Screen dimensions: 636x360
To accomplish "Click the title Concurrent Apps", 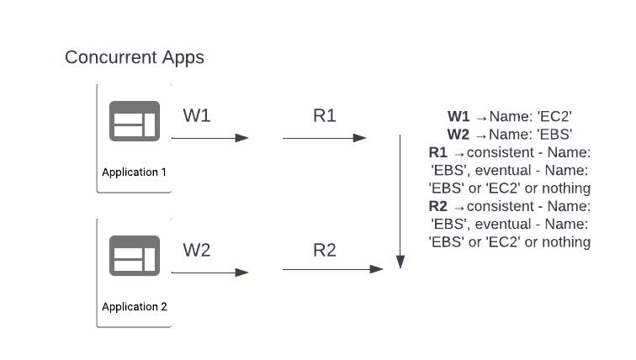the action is point(135,57).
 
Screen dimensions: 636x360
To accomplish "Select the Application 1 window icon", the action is point(135,121).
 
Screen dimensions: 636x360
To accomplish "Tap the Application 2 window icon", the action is point(135,256).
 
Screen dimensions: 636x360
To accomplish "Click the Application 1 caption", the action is point(135,172).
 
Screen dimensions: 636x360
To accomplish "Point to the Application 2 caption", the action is point(135,307).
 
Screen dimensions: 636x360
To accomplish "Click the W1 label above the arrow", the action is point(197,115).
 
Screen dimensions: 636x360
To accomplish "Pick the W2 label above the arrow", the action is point(197,250).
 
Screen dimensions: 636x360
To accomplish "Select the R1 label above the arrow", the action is point(325,115).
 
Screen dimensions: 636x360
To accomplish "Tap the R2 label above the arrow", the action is point(325,250).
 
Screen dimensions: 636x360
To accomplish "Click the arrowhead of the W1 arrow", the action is point(241,138).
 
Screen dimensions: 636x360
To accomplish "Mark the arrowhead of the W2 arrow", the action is point(241,273).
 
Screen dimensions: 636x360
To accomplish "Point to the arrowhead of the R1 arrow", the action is point(360,138).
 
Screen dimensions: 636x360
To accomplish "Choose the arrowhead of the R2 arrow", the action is point(376,269).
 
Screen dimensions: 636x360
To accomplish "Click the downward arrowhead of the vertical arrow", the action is point(400,262).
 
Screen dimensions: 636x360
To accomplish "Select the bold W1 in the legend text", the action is point(458,117).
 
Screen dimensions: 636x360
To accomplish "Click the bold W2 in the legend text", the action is point(458,135).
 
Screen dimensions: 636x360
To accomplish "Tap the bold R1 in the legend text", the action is point(438,152).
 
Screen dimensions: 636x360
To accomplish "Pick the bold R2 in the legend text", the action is point(438,206).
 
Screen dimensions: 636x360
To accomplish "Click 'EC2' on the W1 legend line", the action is point(554,117).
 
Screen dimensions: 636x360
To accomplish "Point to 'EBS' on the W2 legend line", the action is point(554,135).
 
